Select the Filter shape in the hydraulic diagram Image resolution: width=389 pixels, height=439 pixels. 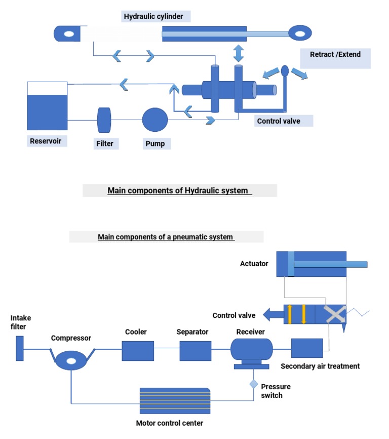click(x=104, y=120)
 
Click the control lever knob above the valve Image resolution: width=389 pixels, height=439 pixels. click(x=284, y=69)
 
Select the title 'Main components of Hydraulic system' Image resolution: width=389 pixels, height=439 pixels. click(x=180, y=191)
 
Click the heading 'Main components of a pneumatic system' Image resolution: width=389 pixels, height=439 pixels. click(x=166, y=237)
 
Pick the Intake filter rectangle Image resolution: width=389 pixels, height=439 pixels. click(x=20, y=348)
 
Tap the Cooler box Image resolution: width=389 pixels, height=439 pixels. click(x=138, y=351)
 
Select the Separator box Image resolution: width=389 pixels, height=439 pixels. click(x=195, y=351)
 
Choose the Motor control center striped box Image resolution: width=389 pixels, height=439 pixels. click(x=175, y=400)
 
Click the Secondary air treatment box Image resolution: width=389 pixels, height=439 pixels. click(x=307, y=348)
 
